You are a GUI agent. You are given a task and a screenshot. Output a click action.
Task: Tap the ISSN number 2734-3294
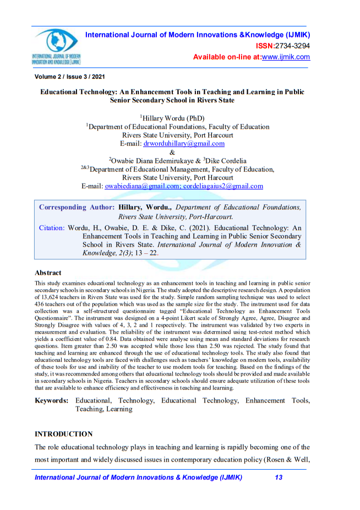pyautogui.click(x=292, y=46)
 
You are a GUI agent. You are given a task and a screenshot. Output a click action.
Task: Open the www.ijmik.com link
pyautogui.click(x=286, y=57)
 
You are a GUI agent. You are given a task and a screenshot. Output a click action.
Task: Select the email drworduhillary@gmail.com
pyautogui.click(x=184, y=143)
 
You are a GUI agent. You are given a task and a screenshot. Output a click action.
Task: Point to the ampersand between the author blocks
pyautogui.click(x=172, y=152)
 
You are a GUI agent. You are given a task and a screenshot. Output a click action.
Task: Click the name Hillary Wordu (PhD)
pyautogui.click(x=173, y=118)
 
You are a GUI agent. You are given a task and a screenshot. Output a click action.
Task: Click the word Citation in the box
pyautogui.click(x=51, y=227)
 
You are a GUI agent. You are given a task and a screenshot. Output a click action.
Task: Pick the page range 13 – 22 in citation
pyautogui.click(x=149, y=254)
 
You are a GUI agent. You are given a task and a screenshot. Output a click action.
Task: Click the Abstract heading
pyautogui.click(x=48, y=273)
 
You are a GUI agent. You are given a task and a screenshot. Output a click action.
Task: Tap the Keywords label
pyautogui.click(x=51, y=400)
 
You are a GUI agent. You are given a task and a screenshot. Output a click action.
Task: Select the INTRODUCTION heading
pyautogui.click(x=63, y=434)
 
